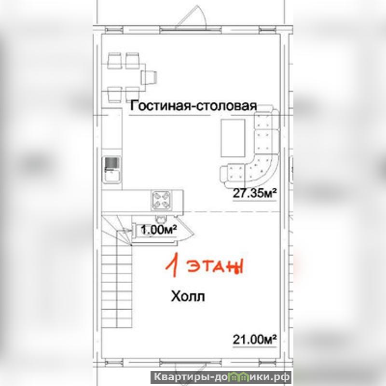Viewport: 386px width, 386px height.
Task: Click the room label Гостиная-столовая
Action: (193, 106)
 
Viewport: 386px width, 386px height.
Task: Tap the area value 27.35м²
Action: (255, 193)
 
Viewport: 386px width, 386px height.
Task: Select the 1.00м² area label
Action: (159, 230)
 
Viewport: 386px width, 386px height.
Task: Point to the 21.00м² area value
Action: (255, 340)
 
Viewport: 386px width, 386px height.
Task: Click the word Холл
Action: (188, 296)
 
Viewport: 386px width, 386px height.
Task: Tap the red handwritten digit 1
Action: (173, 265)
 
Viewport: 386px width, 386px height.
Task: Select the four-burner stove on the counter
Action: (161, 200)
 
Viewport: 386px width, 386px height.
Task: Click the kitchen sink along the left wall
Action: (112, 170)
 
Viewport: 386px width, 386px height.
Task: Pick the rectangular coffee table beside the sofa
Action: (233, 138)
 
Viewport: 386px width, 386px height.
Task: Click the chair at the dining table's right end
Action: (149, 77)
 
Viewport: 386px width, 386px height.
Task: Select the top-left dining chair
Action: (114, 61)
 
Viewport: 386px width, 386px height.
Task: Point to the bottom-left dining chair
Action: (115, 95)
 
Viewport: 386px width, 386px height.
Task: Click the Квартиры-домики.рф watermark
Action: (221, 377)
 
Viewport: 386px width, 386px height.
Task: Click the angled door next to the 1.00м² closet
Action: (185, 230)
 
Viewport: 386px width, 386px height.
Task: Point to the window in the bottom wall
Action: (190, 363)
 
